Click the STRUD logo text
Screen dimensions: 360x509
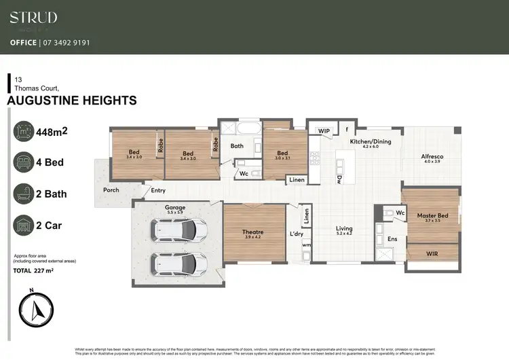[33, 18]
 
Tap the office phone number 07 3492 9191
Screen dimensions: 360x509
[69, 42]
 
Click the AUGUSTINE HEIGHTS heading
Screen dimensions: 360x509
[71, 101]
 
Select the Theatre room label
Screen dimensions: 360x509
[253, 232]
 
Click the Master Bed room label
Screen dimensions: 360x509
[432, 216]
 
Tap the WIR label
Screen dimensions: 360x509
[432, 253]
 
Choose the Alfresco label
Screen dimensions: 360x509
[432, 156]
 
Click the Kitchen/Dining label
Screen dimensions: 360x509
[370, 141]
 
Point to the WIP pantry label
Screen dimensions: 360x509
[323, 130]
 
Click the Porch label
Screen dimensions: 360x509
[111, 190]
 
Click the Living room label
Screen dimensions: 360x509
[344, 229]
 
